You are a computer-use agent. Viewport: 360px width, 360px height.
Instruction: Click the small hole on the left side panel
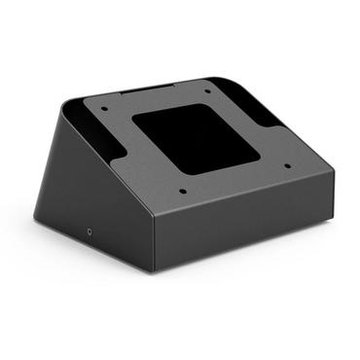click(x=90, y=232)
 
